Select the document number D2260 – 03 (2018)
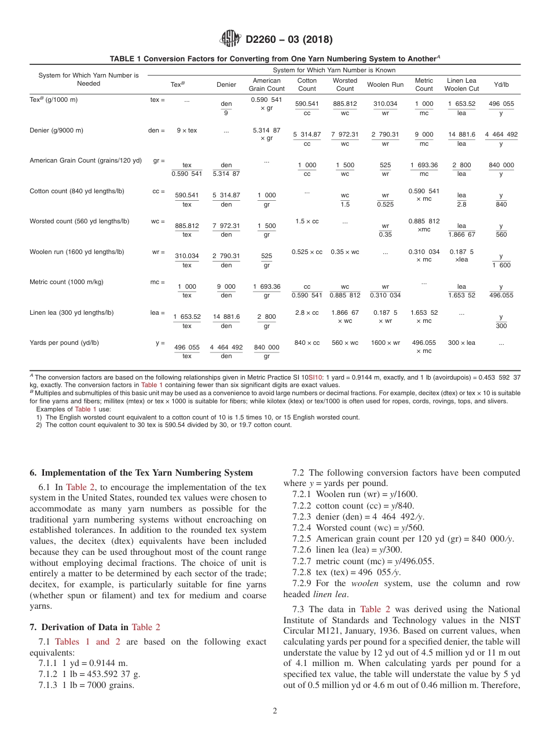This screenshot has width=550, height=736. point(289,40)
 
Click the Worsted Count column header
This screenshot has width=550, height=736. point(345,84)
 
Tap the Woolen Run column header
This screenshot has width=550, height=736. point(385,84)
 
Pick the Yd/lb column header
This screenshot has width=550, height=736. point(501,84)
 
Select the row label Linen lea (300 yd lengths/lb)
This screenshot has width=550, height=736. point(71,312)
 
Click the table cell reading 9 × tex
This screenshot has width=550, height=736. point(186,130)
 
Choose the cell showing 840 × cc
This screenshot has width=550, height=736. point(307,343)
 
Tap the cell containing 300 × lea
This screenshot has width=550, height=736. point(461,343)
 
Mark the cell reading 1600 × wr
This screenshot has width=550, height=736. point(385,343)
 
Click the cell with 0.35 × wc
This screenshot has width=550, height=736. point(345,252)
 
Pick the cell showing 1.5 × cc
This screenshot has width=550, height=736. point(307,221)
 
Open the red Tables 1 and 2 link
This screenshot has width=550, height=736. point(87,642)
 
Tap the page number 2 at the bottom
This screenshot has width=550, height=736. point(275,711)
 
